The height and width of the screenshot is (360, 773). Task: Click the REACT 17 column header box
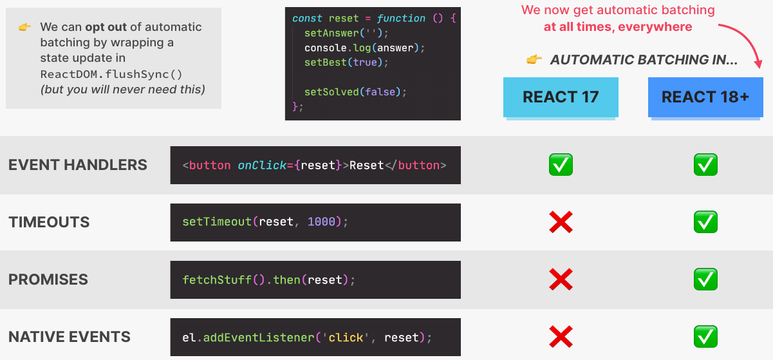coord(561,97)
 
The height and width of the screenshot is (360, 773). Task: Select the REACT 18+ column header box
coord(705,97)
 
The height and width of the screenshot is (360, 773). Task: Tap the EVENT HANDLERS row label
coord(78,165)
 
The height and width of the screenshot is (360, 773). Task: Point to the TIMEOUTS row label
coord(49,222)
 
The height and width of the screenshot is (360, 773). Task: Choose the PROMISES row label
coord(48,279)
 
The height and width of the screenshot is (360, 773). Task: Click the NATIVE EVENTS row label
coord(70,337)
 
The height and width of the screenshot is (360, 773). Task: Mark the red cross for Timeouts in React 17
coord(561,223)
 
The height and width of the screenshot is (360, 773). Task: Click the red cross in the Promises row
coord(561,279)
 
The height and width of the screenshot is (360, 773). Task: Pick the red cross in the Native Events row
coord(561,337)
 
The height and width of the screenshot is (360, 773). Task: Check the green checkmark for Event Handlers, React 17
coord(561,166)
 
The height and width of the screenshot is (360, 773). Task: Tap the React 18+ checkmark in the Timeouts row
coord(705,223)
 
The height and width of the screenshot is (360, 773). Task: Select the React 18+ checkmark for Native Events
coord(705,337)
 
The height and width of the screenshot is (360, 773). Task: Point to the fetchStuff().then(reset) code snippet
coord(268,279)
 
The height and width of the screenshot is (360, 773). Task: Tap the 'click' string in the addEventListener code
coord(346,337)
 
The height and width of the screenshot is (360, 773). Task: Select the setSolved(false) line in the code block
coord(355,92)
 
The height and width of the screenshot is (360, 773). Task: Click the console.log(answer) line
coord(365,48)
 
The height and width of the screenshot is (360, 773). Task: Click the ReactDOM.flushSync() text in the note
coord(111,74)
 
